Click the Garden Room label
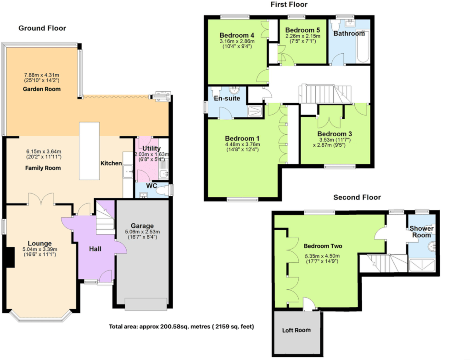coord(42,89)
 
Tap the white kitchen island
coord(90,151)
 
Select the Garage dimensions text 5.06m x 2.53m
coord(142,232)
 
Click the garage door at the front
coord(146,304)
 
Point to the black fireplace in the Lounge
coord(11,257)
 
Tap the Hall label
coord(95,249)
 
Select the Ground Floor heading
coord(42,28)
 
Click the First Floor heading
coord(289,5)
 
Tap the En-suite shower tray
coord(255,111)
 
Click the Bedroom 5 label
coord(302,30)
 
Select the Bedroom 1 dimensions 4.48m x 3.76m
coord(242,144)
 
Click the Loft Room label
coord(296,330)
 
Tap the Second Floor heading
coord(357,197)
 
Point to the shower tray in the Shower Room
coord(422,265)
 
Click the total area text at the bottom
coord(181,327)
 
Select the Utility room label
coord(151,148)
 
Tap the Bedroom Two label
coord(323,246)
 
